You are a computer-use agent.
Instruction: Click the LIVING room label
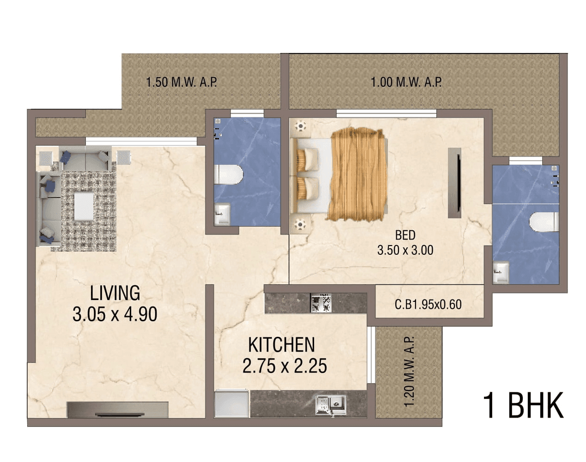pos(115,293)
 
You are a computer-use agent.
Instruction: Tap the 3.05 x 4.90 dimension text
pos(115,314)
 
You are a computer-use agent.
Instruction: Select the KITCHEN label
pos(281,345)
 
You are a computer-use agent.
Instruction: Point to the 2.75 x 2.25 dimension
pos(284,366)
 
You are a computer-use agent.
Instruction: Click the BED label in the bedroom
pos(405,235)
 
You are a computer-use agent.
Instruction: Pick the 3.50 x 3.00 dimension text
pos(405,250)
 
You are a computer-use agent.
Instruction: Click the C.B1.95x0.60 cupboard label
pos(428,305)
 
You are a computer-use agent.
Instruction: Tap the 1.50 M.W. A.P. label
pos(181,83)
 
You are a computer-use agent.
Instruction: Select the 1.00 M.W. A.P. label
pos(406,83)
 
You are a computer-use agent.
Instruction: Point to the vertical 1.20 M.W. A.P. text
pos(409,372)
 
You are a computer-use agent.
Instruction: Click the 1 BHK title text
pos(523,406)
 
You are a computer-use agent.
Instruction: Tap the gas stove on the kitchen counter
pos(321,303)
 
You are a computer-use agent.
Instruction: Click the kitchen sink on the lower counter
pos(331,405)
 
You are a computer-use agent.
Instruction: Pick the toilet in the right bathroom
pos(544,222)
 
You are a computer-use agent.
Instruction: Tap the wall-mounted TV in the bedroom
pos(455,183)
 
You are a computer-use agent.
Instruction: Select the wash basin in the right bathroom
pos(501,272)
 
